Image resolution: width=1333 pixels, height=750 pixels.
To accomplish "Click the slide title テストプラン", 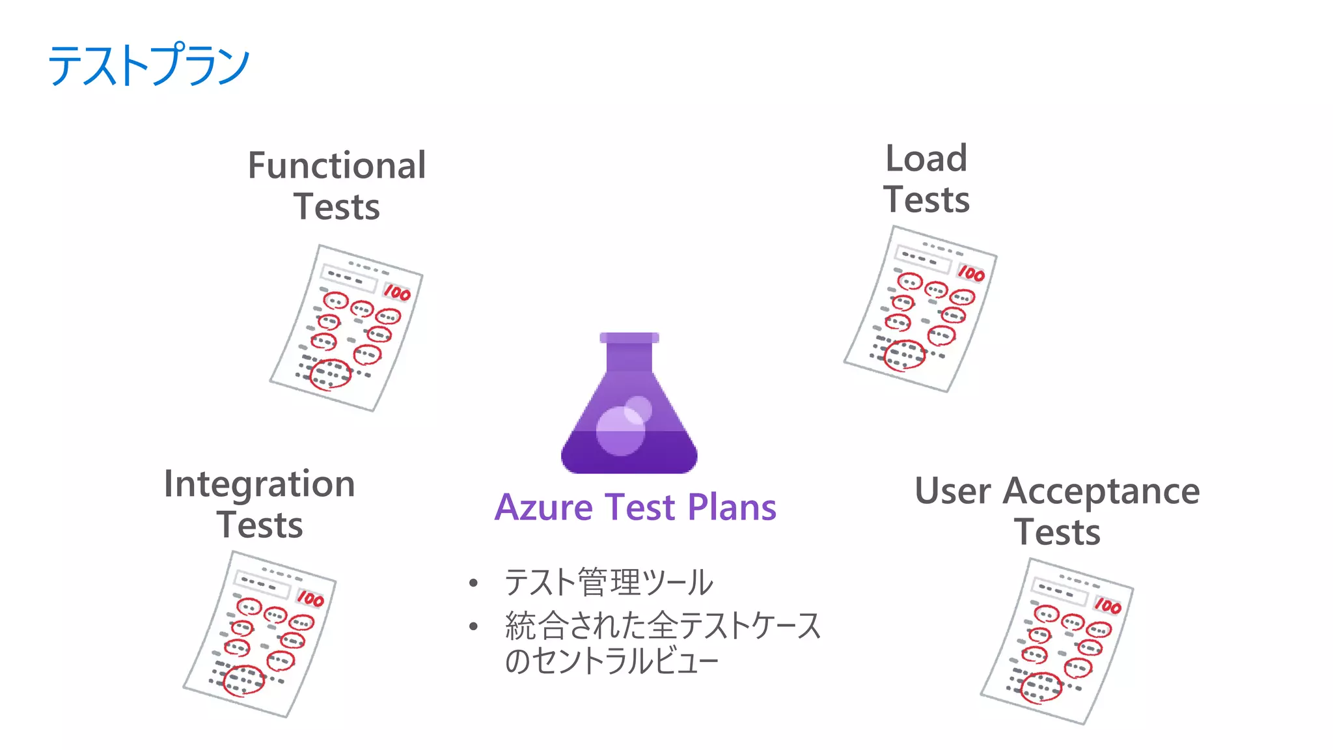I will [x=148, y=65].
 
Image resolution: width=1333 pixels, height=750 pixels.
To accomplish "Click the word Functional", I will [x=337, y=165].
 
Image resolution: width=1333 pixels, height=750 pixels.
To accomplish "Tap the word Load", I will [x=926, y=158].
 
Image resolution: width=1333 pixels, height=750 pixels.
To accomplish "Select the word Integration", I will [x=259, y=484].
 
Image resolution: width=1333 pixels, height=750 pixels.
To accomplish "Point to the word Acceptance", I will [x=1101, y=492].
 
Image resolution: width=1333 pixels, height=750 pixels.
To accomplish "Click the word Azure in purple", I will [x=543, y=507].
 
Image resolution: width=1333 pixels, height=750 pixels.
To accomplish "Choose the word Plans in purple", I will [x=732, y=507].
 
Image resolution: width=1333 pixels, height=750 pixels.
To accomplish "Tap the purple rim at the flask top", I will [x=629, y=337].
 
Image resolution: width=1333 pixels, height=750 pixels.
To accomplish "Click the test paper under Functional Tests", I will [x=346, y=327].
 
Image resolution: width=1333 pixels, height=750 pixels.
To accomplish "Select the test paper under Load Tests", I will [x=920, y=309].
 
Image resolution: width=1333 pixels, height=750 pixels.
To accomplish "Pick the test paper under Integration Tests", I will [x=259, y=634].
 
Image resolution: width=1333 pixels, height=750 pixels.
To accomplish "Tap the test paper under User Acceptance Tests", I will [x=1057, y=641].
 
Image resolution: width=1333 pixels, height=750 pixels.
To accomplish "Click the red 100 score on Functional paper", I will [x=397, y=293].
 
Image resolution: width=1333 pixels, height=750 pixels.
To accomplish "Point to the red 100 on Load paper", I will [x=971, y=273].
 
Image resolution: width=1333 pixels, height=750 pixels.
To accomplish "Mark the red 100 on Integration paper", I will [x=310, y=598].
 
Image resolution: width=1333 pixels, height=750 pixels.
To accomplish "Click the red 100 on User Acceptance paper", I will [x=1108, y=606].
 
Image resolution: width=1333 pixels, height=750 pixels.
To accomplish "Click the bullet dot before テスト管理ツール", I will [x=473, y=583].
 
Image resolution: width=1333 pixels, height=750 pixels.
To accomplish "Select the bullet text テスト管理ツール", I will [x=609, y=582].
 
